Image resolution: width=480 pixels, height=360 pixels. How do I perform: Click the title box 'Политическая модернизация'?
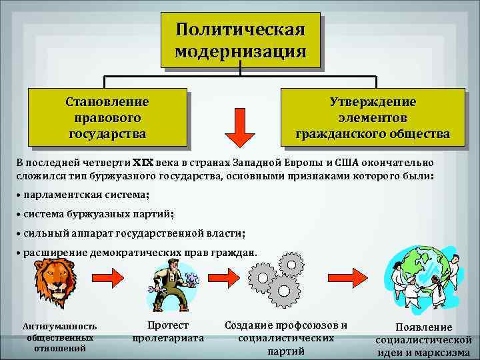[240, 40]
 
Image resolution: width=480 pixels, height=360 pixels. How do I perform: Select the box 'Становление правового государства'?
[107, 118]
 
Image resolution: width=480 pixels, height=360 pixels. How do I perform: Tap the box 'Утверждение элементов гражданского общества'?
[373, 118]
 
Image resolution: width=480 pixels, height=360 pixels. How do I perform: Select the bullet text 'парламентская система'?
[86, 195]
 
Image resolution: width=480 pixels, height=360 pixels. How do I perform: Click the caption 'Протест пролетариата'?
[168, 332]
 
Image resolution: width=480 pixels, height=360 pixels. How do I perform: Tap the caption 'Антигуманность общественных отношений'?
[60, 338]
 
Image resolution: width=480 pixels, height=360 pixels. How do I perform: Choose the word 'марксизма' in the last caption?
[443, 352]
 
